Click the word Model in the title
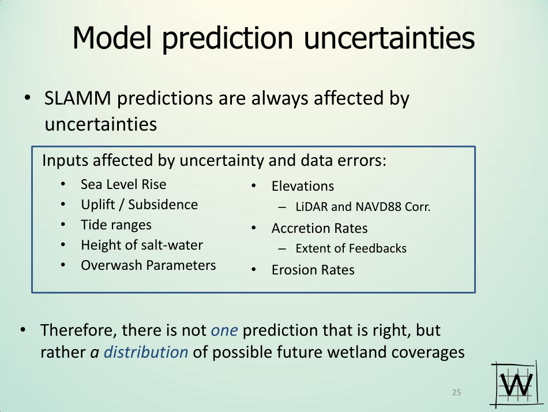pyautogui.click(x=112, y=38)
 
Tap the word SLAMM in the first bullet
pyautogui.click(x=78, y=98)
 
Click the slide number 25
pyautogui.click(x=456, y=392)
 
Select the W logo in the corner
pyautogui.click(x=516, y=384)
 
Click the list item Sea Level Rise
pyautogui.click(x=123, y=184)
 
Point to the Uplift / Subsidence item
pyautogui.click(x=139, y=205)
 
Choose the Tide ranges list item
pyautogui.click(x=116, y=225)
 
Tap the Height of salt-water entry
pyautogui.click(x=141, y=245)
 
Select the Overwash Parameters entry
pyautogui.click(x=148, y=265)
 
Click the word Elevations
pyautogui.click(x=303, y=186)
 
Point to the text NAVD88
pyautogui.click(x=378, y=207)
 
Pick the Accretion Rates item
pyautogui.click(x=320, y=228)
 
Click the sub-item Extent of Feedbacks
pyautogui.click(x=351, y=248)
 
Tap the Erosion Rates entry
pyautogui.click(x=313, y=270)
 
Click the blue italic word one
pyautogui.click(x=224, y=331)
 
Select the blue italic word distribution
pyautogui.click(x=146, y=352)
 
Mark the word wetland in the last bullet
pyautogui.click(x=357, y=352)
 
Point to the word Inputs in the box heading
pyautogui.click(x=65, y=161)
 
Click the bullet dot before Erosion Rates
pyautogui.click(x=254, y=270)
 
